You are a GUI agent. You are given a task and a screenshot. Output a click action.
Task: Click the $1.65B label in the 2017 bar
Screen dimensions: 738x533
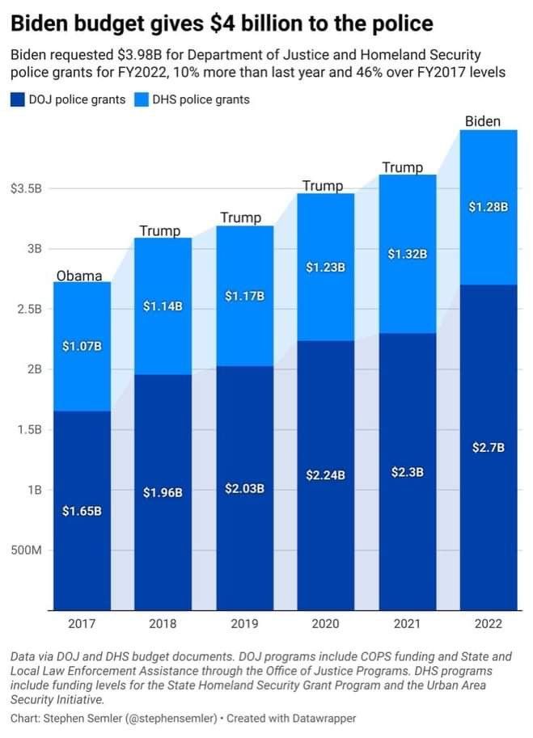point(82,511)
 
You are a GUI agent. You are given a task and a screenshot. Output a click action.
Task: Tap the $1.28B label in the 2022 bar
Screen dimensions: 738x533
point(489,207)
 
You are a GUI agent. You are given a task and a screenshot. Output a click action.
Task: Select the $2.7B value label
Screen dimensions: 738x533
point(489,448)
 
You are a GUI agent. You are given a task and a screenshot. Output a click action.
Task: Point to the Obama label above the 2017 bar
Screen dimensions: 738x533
point(79,276)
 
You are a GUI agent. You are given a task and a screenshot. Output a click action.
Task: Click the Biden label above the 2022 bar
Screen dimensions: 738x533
point(483,122)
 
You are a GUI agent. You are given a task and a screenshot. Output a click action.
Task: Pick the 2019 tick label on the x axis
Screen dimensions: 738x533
point(244,624)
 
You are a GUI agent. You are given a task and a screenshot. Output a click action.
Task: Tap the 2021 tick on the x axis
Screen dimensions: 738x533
point(408,624)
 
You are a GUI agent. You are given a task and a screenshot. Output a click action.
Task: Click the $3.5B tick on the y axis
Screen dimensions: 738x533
point(26,189)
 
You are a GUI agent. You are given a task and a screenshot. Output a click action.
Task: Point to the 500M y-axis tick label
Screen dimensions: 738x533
point(26,550)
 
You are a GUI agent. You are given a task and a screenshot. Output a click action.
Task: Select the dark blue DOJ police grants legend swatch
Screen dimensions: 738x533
point(18,100)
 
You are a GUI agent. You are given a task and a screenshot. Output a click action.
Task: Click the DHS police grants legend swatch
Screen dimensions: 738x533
point(141,100)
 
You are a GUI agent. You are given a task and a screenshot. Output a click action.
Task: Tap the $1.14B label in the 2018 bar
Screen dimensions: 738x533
point(163,306)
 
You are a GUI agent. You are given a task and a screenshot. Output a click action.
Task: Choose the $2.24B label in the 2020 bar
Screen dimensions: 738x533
point(325,475)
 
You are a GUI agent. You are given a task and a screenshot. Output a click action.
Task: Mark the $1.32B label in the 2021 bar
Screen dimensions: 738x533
point(407,255)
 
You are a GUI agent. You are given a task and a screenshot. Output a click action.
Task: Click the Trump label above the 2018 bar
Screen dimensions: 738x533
point(160,231)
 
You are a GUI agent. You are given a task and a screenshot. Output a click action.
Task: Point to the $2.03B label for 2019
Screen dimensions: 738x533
point(244,488)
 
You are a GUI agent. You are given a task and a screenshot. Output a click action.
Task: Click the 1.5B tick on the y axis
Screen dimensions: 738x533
point(26,430)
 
